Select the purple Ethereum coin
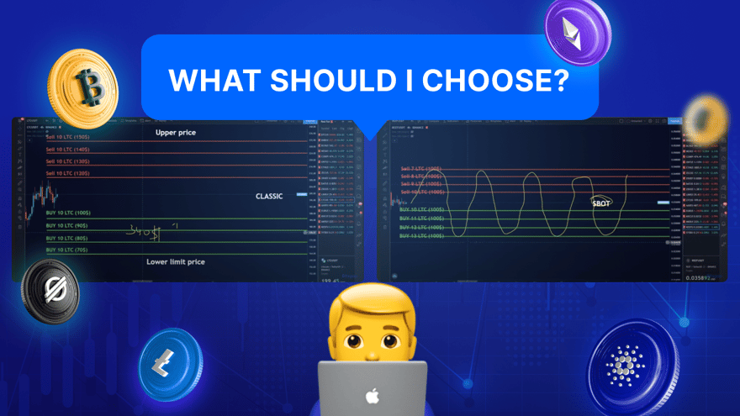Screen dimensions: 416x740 [x=577, y=34]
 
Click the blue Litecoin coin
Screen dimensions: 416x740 [x=172, y=363]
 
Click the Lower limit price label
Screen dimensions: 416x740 [x=175, y=262]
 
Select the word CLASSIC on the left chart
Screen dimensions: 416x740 [x=269, y=196]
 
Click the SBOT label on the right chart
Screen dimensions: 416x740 [x=601, y=203]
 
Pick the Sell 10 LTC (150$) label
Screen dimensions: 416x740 [x=68, y=136]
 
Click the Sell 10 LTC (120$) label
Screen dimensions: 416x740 [x=68, y=173]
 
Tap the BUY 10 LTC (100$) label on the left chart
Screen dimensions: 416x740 [x=68, y=213]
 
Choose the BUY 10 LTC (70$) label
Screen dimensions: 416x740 [x=68, y=250]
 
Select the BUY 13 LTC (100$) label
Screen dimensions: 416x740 [x=421, y=236]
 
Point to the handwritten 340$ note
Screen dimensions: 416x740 [x=143, y=229]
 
